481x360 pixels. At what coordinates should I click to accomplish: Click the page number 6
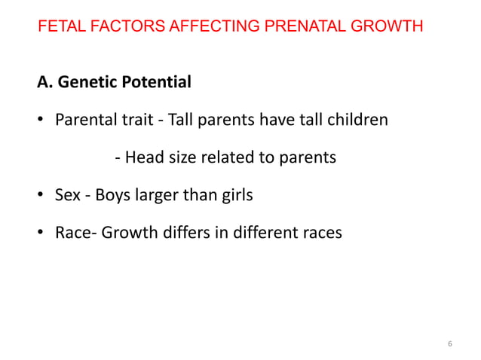(450, 344)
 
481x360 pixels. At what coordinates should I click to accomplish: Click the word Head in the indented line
(142, 158)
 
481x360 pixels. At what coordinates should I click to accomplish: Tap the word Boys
(115, 196)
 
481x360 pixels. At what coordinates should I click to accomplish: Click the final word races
(319, 233)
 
